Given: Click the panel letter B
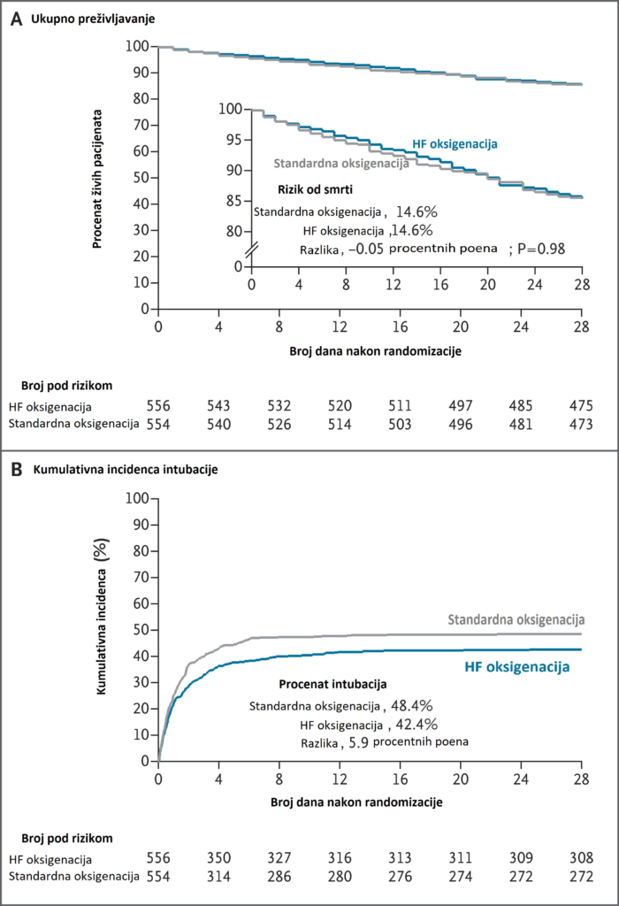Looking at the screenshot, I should [16, 470].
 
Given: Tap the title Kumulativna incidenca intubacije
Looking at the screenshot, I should [132, 470].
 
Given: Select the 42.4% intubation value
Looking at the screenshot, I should [413, 724].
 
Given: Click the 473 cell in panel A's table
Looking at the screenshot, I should [581, 424].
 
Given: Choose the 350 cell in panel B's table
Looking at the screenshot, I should [218, 857].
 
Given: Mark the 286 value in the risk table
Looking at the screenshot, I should [279, 876].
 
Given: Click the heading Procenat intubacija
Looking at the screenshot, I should [332, 685].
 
